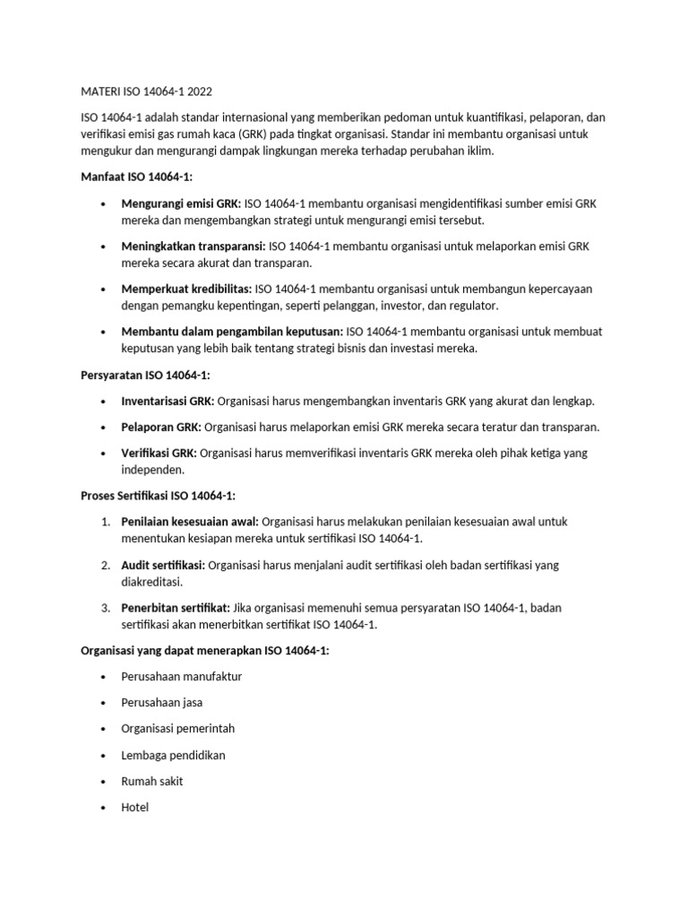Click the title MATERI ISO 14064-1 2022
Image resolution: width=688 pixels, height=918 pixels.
147,92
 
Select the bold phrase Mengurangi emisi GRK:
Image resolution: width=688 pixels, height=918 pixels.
181,204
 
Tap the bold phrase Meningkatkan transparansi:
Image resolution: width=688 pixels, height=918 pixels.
193,247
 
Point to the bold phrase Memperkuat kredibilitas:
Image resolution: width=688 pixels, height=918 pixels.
186,289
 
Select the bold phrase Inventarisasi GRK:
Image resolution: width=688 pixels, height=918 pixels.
168,401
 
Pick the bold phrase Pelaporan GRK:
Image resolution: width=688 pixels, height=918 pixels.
160,427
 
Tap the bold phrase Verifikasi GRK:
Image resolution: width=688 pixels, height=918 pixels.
159,453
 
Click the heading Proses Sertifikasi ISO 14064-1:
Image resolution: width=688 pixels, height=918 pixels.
158,496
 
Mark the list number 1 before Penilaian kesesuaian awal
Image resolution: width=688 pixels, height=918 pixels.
105,522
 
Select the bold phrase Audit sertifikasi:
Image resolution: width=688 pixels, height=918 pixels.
163,565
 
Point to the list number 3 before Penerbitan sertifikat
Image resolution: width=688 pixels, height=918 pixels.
105,608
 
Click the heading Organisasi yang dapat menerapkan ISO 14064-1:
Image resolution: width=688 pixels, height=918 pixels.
204,651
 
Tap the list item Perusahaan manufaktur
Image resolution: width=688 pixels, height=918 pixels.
181,677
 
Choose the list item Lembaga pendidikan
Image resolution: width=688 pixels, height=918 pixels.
173,755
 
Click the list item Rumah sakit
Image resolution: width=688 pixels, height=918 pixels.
152,781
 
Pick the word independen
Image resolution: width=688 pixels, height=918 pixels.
153,470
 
